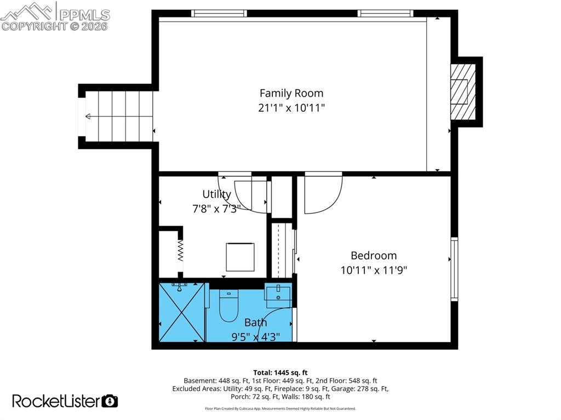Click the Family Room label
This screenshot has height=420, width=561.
291,93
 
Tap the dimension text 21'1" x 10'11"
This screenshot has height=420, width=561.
291,108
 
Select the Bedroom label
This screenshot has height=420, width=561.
374,255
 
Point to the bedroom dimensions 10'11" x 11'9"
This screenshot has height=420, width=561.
374,270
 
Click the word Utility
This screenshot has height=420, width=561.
217,194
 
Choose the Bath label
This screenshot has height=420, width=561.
255,323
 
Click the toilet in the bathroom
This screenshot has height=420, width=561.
228,307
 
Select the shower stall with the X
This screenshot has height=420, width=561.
181,312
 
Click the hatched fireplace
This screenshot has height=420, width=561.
462,92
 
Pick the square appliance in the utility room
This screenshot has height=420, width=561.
240,257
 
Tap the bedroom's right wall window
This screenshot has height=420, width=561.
454,269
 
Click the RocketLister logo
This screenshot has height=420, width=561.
65,401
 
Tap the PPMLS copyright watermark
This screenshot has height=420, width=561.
55,16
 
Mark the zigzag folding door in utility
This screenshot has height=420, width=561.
179,252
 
